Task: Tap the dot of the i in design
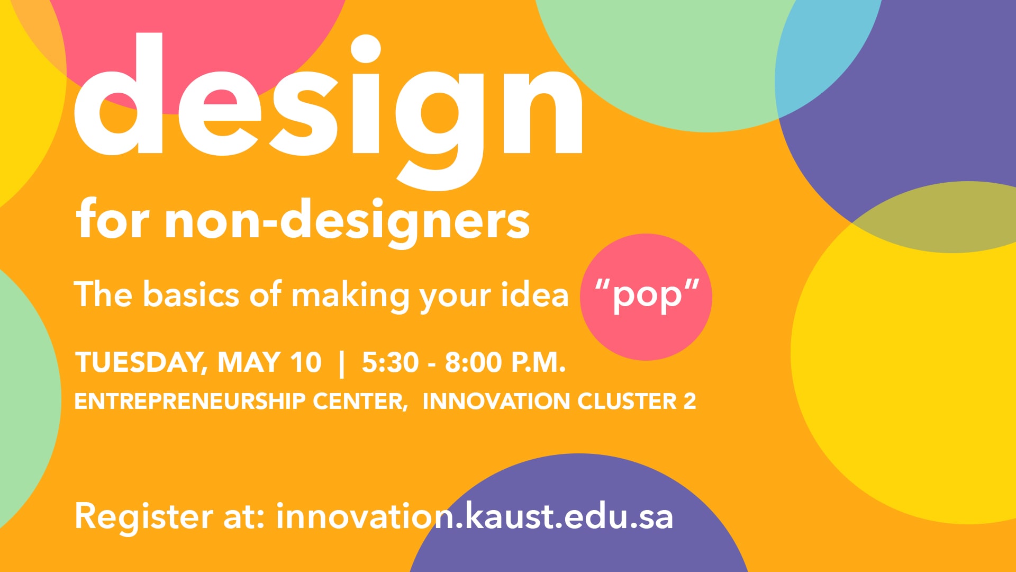(x=366, y=50)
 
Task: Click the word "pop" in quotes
(x=647, y=297)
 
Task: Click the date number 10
(x=305, y=363)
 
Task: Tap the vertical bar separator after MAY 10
(x=341, y=364)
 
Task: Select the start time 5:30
(x=390, y=363)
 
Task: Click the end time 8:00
(x=473, y=363)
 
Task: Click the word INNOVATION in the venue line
(x=496, y=401)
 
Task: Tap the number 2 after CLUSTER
(x=690, y=401)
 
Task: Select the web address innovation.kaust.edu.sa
(x=475, y=516)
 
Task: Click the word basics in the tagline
(x=191, y=295)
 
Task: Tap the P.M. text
(x=538, y=363)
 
